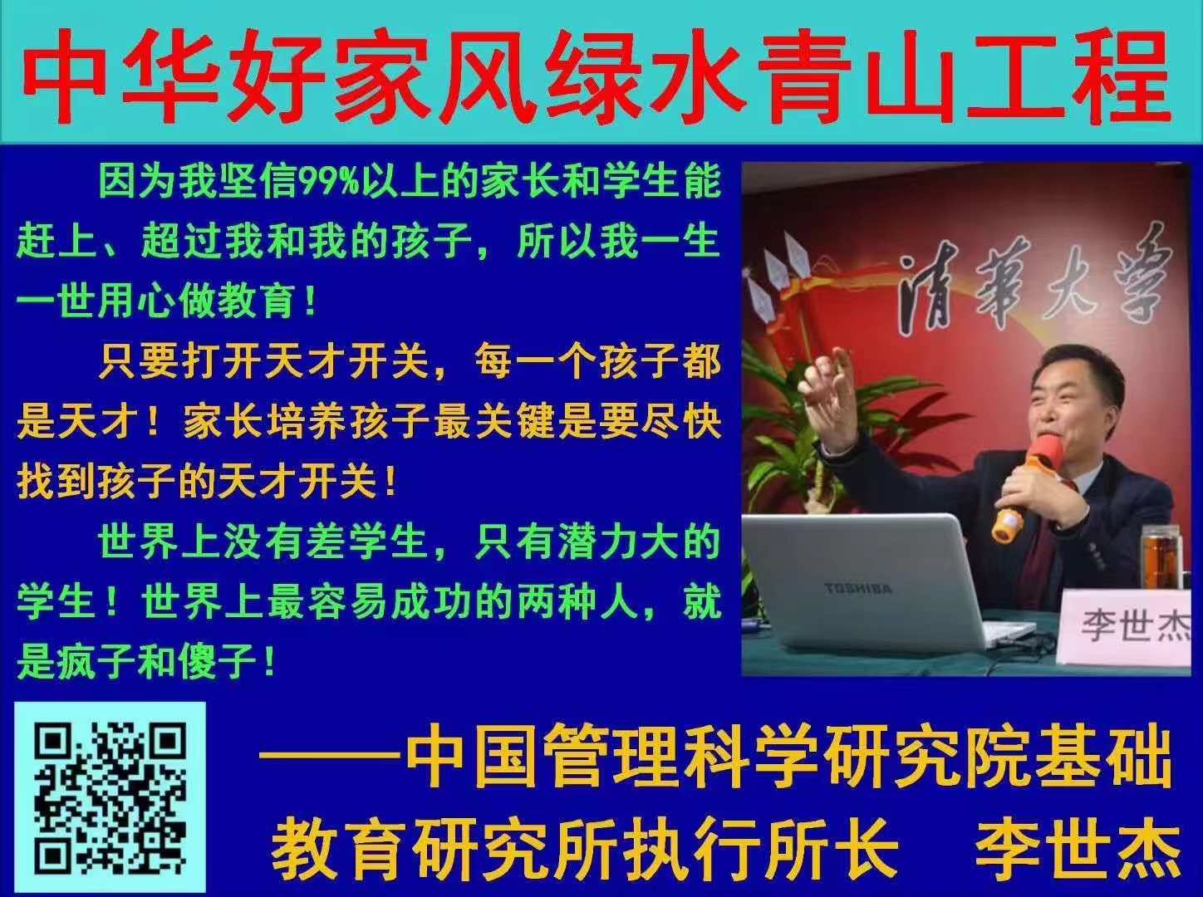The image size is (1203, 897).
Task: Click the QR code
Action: click(110, 799)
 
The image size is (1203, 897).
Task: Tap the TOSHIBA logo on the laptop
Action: click(858, 589)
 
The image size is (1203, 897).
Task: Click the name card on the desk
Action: click(1127, 628)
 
